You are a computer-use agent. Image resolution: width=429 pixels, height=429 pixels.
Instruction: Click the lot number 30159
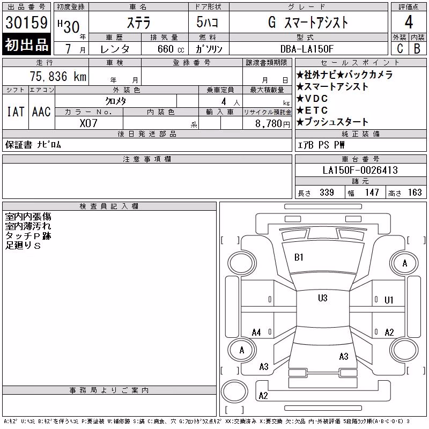tap(26, 23)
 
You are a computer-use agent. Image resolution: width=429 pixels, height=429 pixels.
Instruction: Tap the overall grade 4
tap(409, 22)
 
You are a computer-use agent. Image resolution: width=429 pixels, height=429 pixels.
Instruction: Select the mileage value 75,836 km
tap(58, 76)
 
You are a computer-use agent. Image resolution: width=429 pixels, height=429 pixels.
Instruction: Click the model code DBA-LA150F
tap(307, 49)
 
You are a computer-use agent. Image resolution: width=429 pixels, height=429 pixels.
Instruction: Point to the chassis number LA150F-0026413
tap(360, 170)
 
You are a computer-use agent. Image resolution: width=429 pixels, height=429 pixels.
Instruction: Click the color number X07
tap(88, 123)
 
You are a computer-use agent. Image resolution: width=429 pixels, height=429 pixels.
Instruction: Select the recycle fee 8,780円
tap(272, 124)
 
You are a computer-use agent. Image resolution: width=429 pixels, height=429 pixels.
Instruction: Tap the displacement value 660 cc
tap(171, 49)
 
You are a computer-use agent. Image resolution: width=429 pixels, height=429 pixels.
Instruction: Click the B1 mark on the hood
tap(299, 257)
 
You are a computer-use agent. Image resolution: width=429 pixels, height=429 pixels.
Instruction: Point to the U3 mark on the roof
tap(323, 298)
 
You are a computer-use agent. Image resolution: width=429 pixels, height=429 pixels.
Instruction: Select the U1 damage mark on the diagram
tap(389, 300)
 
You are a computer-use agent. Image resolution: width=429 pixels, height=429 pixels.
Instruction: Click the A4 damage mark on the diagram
tap(256, 332)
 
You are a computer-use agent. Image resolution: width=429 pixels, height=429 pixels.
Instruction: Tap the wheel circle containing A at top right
tap(404, 263)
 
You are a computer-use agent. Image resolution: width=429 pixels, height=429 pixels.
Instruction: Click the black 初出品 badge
tap(26, 45)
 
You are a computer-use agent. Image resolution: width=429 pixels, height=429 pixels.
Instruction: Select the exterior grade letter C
tap(400, 48)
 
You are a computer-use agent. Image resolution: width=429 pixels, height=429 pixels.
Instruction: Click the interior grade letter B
tap(417, 48)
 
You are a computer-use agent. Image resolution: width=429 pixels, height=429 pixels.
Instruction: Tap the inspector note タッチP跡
tap(28, 236)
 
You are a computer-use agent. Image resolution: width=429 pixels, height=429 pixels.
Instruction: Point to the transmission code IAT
tap(16, 112)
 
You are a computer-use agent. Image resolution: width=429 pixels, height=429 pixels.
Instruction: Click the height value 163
tap(415, 193)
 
